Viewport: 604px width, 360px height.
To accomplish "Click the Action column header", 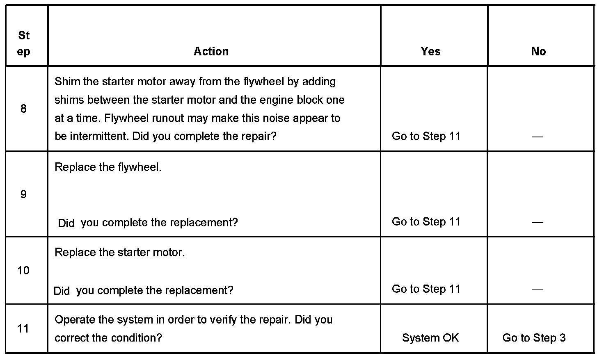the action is [211, 52].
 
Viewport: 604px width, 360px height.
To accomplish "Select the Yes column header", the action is [430, 52].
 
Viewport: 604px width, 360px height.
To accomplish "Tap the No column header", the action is [538, 52].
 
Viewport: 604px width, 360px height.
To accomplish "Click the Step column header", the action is [24, 44].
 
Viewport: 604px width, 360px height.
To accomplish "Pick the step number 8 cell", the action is [23, 109].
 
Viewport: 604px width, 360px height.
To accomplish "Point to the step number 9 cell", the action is [23, 194].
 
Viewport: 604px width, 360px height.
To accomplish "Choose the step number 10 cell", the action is [23, 271].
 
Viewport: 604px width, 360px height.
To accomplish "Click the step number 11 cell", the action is [23, 328].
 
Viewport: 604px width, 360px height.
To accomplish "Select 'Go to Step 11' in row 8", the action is [426, 136].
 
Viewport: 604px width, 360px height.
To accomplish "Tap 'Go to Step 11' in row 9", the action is [426, 222].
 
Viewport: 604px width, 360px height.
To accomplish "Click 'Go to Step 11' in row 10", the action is [426, 289].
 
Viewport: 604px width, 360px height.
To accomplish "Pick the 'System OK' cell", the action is [430, 338].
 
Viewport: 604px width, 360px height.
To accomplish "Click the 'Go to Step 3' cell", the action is [534, 338].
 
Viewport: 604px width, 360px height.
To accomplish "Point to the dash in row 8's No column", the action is [537, 137].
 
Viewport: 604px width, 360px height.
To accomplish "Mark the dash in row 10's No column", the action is [537, 290].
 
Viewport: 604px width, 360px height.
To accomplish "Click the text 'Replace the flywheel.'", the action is [108, 167].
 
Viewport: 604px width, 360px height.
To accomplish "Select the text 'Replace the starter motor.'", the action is [119, 253].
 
